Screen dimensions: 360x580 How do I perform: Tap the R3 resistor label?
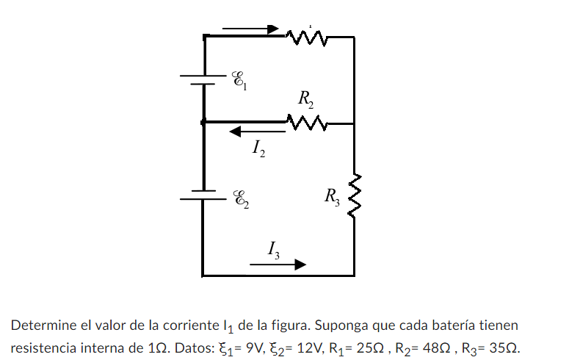tap(332, 196)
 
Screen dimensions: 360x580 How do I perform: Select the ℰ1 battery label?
tap(239, 80)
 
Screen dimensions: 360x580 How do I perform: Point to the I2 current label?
tap(258, 150)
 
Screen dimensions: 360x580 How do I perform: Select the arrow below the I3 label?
tap(277, 264)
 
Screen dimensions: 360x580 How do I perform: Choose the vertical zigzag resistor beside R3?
tap(355, 197)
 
